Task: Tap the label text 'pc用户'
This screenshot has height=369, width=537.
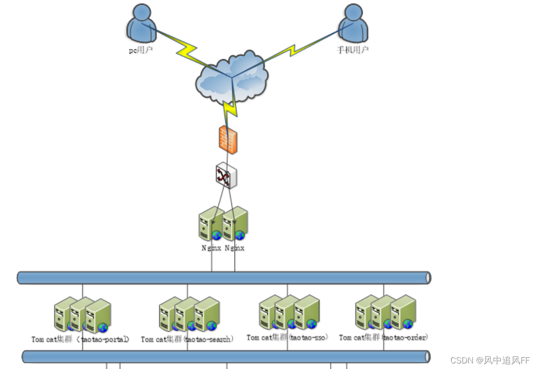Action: [x=140, y=50]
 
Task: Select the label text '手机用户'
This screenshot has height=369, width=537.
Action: [x=353, y=50]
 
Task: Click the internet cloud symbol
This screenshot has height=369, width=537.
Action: [x=232, y=78]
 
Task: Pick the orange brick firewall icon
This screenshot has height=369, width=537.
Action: [x=228, y=139]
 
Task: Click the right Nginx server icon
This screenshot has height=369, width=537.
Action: [x=235, y=224]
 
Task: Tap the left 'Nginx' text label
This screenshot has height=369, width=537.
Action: [x=212, y=248]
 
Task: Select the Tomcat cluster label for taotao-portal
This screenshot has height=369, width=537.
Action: [x=80, y=339]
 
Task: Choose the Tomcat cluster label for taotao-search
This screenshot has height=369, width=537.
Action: [x=187, y=339]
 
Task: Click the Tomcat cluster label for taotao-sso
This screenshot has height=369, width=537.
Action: [x=287, y=338]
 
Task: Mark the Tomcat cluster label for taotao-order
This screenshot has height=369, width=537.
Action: [x=384, y=338]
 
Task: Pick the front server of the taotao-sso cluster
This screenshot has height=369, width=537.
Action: [x=307, y=313]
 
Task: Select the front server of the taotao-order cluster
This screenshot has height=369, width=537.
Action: [x=403, y=312]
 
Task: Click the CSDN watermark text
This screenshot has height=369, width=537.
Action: [x=490, y=360]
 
